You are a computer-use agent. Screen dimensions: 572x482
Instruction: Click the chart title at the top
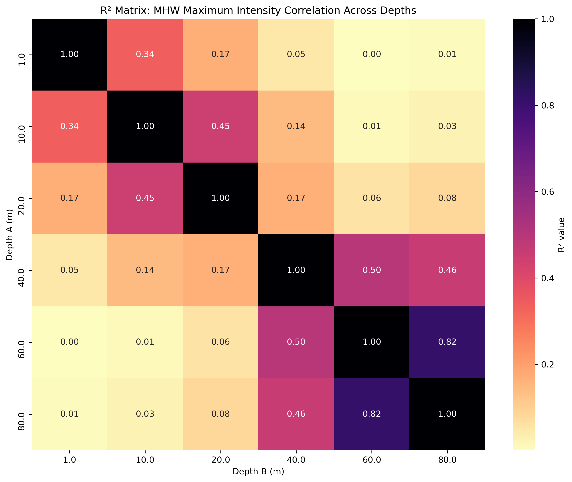click(x=258, y=11)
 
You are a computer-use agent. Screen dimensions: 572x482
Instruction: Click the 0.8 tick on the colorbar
click(x=548, y=105)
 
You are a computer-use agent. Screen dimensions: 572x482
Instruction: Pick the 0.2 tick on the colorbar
click(x=548, y=365)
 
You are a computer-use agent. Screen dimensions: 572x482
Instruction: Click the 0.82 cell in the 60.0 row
click(x=447, y=342)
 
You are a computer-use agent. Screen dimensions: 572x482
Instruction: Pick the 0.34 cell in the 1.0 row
click(x=145, y=54)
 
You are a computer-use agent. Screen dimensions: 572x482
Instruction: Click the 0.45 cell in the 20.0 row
click(x=145, y=198)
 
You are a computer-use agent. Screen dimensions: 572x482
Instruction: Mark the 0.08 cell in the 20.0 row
click(x=447, y=198)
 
